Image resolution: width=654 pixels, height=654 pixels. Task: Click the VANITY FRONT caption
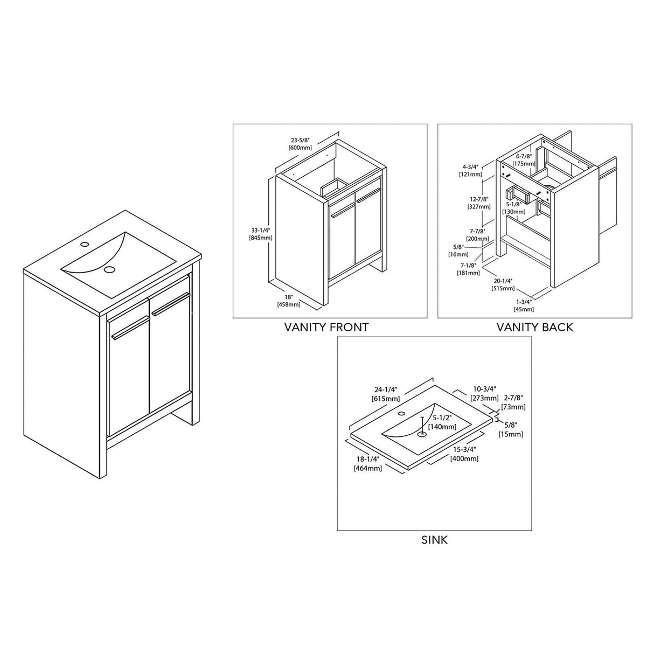[x=326, y=327]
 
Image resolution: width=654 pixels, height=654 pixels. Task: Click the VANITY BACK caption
[x=534, y=327]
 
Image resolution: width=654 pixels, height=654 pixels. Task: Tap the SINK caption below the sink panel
[x=434, y=539]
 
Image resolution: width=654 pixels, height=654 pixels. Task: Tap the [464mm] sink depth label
[x=367, y=468]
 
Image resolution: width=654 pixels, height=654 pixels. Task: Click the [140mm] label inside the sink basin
[x=442, y=426]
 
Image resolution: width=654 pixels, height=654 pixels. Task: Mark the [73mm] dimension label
[x=513, y=407]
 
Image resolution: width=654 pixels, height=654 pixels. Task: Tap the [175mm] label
[x=524, y=163]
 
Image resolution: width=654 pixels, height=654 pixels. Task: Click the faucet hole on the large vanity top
[x=84, y=245]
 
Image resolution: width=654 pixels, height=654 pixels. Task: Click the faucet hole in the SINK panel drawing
[x=401, y=414]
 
